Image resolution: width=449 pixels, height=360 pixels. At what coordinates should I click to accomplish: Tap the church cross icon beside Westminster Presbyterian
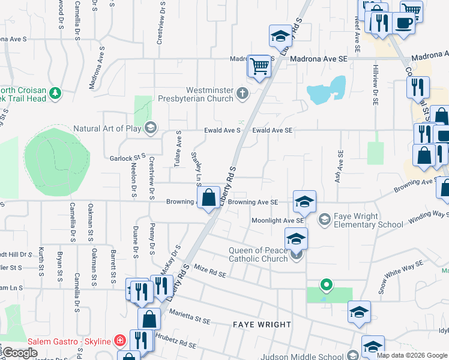pyautogui.click(x=243, y=93)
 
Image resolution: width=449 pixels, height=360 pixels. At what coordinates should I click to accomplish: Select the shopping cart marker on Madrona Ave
pyautogui.click(x=259, y=65)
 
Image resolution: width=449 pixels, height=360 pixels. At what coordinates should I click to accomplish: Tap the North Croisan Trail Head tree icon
pyautogui.click(x=55, y=93)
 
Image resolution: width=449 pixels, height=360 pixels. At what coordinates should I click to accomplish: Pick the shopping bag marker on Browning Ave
pyautogui.click(x=208, y=197)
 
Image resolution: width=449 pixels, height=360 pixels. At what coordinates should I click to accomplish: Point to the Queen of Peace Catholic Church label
pyautogui.click(x=259, y=254)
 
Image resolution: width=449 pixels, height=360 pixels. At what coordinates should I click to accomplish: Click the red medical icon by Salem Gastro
pyautogui.click(x=120, y=341)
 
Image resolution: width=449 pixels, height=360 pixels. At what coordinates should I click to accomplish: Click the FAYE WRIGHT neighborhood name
pyautogui.click(x=262, y=325)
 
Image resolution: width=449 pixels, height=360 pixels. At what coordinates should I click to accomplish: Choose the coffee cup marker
pyautogui.click(x=403, y=23)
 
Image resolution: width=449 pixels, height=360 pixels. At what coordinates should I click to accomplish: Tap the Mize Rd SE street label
pyautogui.click(x=209, y=274)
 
